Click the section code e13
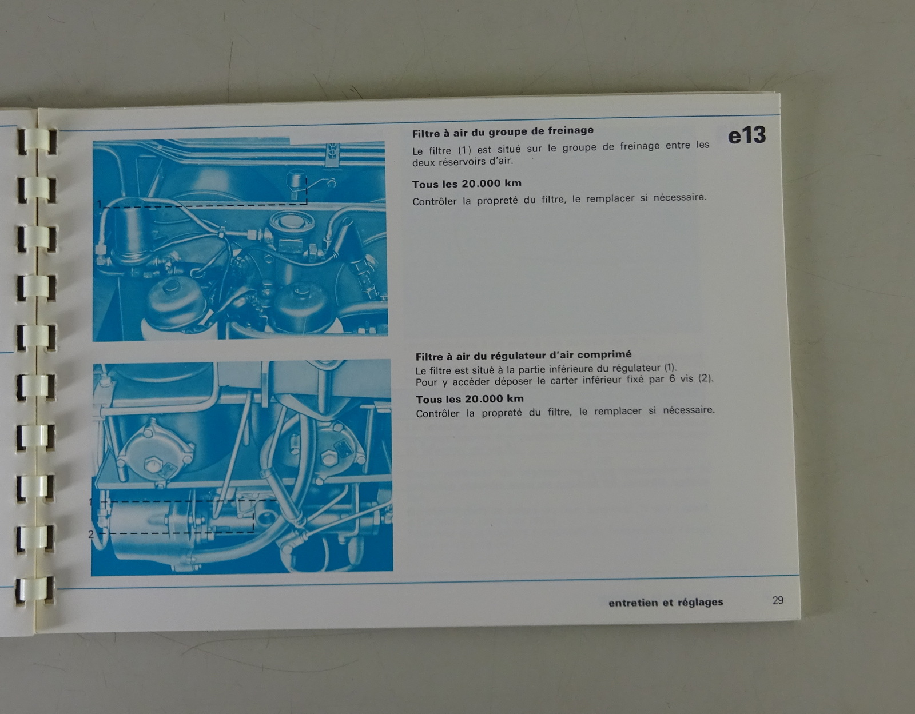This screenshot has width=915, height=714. click(746, 135)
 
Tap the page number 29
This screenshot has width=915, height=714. click(778, 600)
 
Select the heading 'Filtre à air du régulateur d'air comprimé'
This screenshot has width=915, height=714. click(523, 356)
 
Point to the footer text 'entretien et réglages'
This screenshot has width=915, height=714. click(666, 603)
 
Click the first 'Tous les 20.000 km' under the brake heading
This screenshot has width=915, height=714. click(467, 184)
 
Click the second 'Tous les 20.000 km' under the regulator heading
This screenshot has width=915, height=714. click(470, 399)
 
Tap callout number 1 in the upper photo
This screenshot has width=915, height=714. click(100, 204)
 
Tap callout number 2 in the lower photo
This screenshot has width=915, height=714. click(91, 534)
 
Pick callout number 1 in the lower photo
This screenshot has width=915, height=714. click(91, 502)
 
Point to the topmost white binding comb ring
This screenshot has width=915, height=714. click(38, 142)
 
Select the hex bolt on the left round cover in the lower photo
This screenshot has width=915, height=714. click(151, 465)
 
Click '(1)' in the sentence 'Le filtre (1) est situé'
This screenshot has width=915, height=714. click(464, 150)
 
